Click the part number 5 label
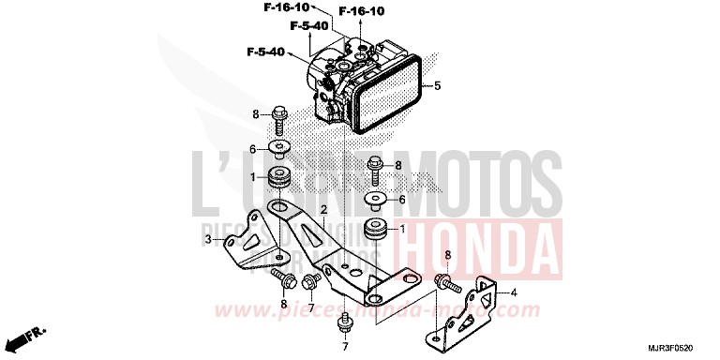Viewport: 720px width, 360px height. [436, 88]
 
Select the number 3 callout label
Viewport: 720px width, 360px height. [208, 240]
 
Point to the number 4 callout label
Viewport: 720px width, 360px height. [513, 292]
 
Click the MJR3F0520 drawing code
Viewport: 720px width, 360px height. [681, 345]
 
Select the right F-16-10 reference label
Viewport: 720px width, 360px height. [361, 11]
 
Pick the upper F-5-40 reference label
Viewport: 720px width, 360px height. [308, 25]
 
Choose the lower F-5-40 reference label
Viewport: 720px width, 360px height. [266, 51]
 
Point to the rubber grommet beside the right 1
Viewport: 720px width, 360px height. [375, 228]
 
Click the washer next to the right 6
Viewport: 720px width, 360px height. [375, 200]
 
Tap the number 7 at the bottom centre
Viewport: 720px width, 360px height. [344, 347]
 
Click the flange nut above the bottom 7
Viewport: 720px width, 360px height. [344, 322]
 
